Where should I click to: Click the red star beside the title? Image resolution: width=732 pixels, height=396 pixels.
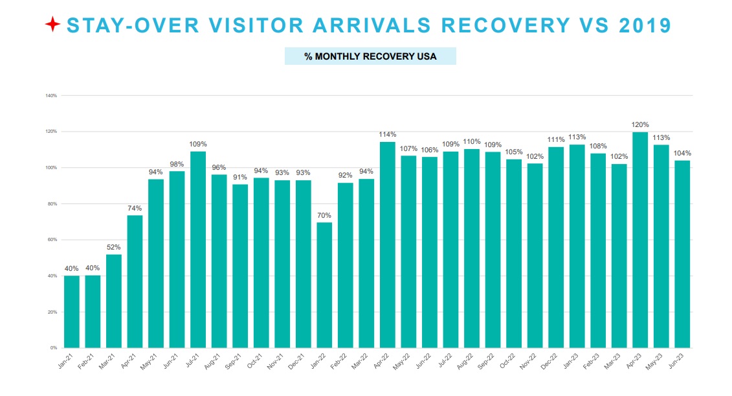point(53,25)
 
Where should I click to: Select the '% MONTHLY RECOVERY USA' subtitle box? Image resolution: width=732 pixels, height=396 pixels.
point(370,56)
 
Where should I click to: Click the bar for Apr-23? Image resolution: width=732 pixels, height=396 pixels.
point(640,240)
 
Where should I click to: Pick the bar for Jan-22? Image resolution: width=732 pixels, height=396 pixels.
point(324,285)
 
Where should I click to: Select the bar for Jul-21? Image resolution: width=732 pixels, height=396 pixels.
point(198,250)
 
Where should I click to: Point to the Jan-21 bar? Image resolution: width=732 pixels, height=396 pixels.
point(72,312)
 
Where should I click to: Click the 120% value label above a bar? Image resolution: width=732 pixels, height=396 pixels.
point(640,124)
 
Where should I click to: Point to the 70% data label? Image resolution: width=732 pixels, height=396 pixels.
point(324,215)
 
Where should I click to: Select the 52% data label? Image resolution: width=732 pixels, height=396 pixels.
point(114,247)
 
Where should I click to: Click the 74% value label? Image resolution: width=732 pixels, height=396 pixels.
point(135,208)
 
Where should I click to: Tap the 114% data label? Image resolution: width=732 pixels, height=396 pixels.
point(388,134)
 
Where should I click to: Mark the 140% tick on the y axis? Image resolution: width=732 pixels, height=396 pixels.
point(51,95)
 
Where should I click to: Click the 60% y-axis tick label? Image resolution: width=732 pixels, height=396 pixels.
point(52,240)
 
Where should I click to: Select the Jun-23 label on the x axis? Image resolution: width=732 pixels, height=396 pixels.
point(680,360)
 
